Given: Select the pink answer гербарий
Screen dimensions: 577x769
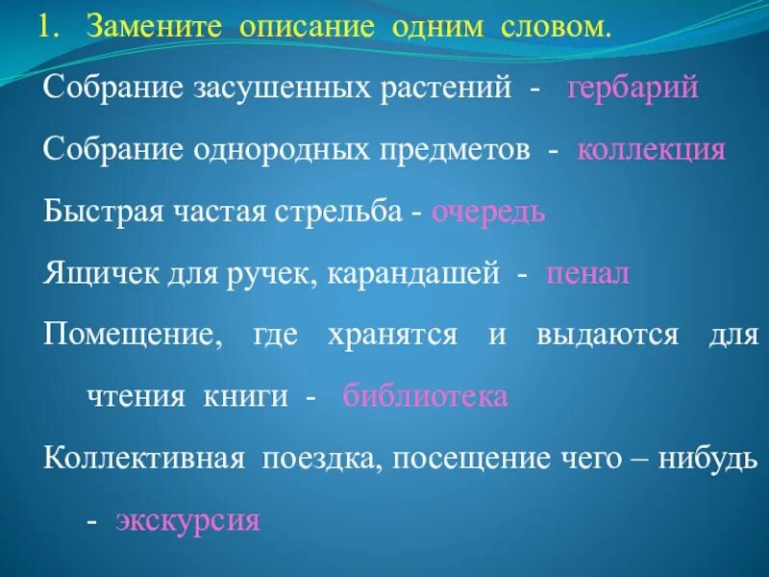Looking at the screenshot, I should coord(633,89).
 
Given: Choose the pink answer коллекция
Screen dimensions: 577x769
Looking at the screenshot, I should coord(651,151).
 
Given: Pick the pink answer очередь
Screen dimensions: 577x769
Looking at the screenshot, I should coord(488,213).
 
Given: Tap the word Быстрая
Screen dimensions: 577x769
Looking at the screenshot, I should coord(96,213).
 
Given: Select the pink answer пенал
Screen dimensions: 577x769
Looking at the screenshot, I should coord(587,275).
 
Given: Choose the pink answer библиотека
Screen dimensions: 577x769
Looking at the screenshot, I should coord(425,397).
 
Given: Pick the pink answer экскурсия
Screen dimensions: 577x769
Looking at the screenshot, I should coord(187,521).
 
